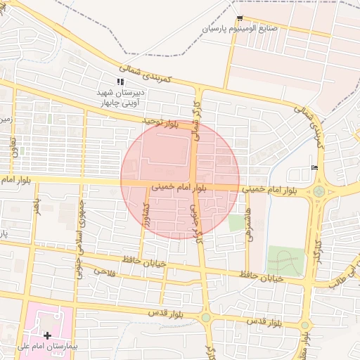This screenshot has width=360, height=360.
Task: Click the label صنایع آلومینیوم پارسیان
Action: (x=240, y=29)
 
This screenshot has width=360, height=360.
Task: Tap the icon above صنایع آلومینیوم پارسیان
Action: (x=240, y=18)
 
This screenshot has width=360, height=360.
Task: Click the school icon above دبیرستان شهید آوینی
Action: (x=120, y=82)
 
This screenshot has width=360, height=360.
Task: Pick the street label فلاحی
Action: (x=105, y=271)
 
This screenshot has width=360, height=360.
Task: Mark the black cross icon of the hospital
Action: (x=47, y=336)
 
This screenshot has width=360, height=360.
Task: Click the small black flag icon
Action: (x=314, y=167)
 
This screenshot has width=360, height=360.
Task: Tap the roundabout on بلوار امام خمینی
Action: (x=319, y=191)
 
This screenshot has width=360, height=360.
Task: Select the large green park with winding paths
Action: (x=287, y=262)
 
